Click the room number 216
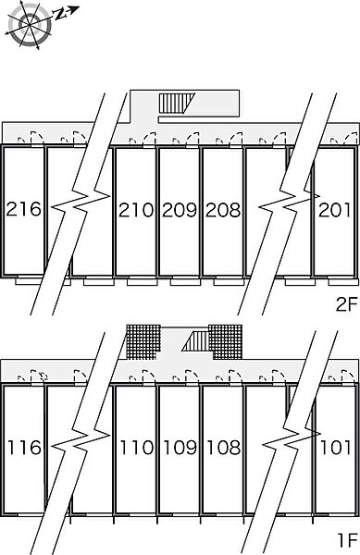24,209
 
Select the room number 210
136,210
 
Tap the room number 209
180,210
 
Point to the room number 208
223,210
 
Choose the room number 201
334,210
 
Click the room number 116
24,448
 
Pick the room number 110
137,448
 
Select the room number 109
180,448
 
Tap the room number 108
223,448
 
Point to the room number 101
335,448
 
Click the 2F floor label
347,304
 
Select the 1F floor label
348,540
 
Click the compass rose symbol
30,24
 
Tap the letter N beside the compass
61,14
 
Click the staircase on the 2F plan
177,103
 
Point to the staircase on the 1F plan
196,341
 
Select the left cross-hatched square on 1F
143,342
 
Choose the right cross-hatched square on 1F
225,342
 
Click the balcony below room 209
185,282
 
